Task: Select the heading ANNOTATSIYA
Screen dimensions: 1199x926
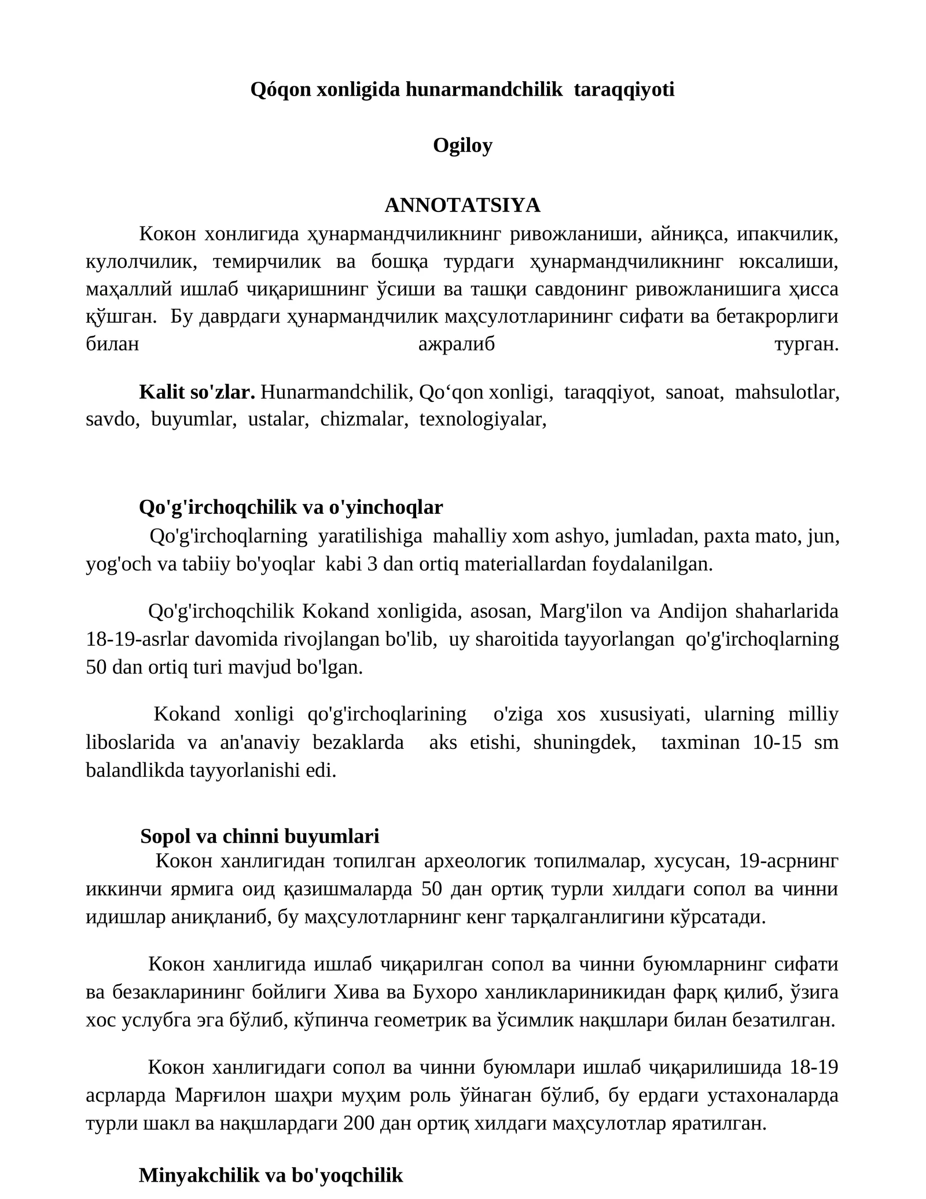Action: click(462, 205)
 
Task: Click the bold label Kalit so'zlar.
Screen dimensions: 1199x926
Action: click(197, 392)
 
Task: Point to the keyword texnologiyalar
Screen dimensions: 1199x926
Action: click(483, 419)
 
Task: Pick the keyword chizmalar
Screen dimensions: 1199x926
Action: click(365, 419)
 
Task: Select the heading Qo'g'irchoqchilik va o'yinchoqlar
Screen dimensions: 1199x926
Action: click(291, 507)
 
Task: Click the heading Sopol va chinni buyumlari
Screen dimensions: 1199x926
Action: click(260, 836)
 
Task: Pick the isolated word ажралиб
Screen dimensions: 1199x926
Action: click(457, 345)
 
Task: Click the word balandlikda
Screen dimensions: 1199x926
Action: click(134, 770)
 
